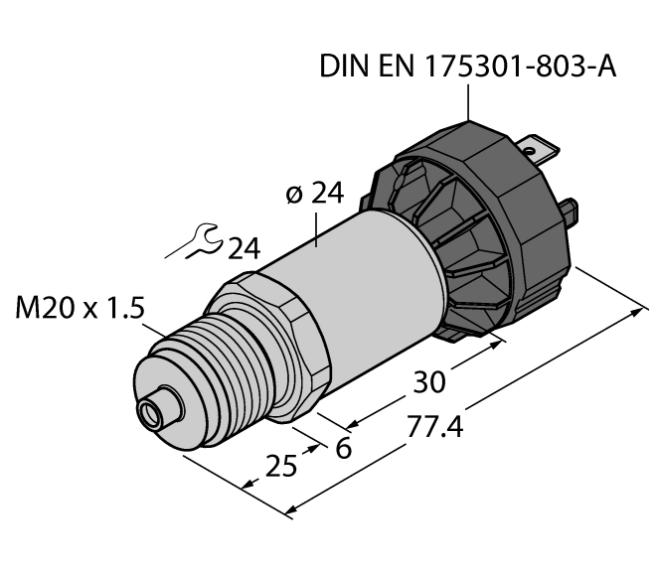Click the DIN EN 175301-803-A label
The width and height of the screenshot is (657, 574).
pyautogui.click(x=468, y=68)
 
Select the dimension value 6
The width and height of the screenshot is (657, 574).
pyautogui.click(x=344, y=448)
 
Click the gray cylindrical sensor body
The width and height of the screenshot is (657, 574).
pyautogui.click(x=368, y=288)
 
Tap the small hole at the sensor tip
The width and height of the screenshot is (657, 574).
pyautogui.click(x=152, y=409)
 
